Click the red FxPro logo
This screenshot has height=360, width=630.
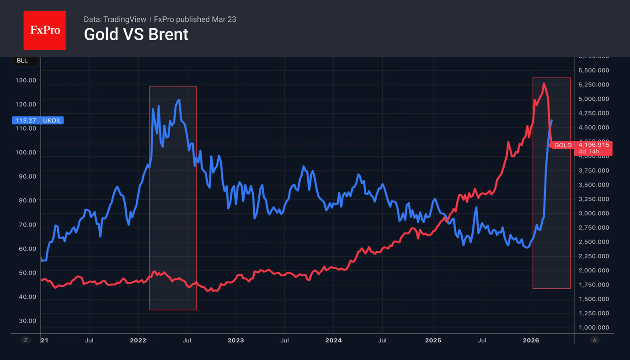44,30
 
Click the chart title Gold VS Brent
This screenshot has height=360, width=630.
136,34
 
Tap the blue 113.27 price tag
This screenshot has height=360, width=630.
26,121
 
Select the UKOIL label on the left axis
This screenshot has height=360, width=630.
52,121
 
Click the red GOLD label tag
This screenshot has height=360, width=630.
563,145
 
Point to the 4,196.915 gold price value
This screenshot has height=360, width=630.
593,145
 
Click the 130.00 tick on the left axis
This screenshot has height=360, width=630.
26,80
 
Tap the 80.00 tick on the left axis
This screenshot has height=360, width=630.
26,201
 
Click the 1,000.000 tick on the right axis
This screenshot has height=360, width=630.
593,328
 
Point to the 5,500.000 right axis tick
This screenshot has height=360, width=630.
593,70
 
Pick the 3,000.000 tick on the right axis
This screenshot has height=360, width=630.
593,213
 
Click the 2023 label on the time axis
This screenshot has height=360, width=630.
235,340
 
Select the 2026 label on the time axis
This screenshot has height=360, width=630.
530,340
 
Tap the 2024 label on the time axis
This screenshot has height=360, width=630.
333,340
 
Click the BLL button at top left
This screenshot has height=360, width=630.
22,61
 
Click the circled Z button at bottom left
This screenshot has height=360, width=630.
26,340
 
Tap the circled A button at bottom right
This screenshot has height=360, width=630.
594,340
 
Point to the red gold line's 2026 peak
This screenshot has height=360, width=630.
544,84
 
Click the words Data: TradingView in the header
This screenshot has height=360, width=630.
115,19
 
